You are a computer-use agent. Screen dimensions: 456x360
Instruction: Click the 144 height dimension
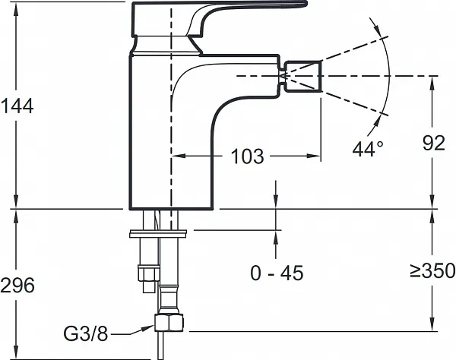(x=17, y=106)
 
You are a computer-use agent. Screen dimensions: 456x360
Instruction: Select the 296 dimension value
(x=17, y=285)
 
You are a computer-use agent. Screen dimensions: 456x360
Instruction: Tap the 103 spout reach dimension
(x=248, y=156)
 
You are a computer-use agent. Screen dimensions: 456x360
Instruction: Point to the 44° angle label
(x=368, y=148)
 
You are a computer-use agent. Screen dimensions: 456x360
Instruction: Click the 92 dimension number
(x=434, y=143)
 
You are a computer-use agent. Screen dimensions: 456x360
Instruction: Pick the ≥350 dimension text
(x=432, y=270)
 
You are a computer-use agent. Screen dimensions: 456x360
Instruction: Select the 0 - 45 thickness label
(x=277, y=273)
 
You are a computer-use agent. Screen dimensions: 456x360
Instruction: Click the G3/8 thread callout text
(x=85, y=334)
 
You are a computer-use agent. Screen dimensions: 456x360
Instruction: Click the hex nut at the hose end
(x=169, y=324)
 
